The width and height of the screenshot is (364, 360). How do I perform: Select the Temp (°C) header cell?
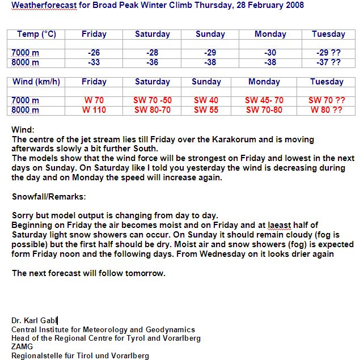36,34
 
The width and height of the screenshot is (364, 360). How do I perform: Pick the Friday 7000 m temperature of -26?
94,53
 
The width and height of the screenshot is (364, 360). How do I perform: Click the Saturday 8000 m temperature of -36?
152,63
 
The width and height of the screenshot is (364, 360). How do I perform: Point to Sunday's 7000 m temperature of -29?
210,53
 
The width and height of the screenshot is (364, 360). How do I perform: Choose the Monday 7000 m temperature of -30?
270,53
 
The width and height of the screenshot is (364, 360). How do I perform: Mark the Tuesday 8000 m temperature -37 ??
328,63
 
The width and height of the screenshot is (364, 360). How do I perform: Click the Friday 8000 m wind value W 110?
94,110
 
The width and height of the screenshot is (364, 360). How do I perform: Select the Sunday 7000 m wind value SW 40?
206,100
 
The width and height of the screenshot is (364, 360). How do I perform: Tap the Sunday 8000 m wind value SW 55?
206,110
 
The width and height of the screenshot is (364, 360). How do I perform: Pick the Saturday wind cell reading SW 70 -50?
152,100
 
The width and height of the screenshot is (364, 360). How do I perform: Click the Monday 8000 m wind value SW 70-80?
264,110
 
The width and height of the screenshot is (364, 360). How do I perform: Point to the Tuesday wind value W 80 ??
326,110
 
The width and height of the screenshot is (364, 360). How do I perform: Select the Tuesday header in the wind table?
327,82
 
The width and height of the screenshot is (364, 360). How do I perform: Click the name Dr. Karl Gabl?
34,320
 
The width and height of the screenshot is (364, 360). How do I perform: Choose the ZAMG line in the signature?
22,346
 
